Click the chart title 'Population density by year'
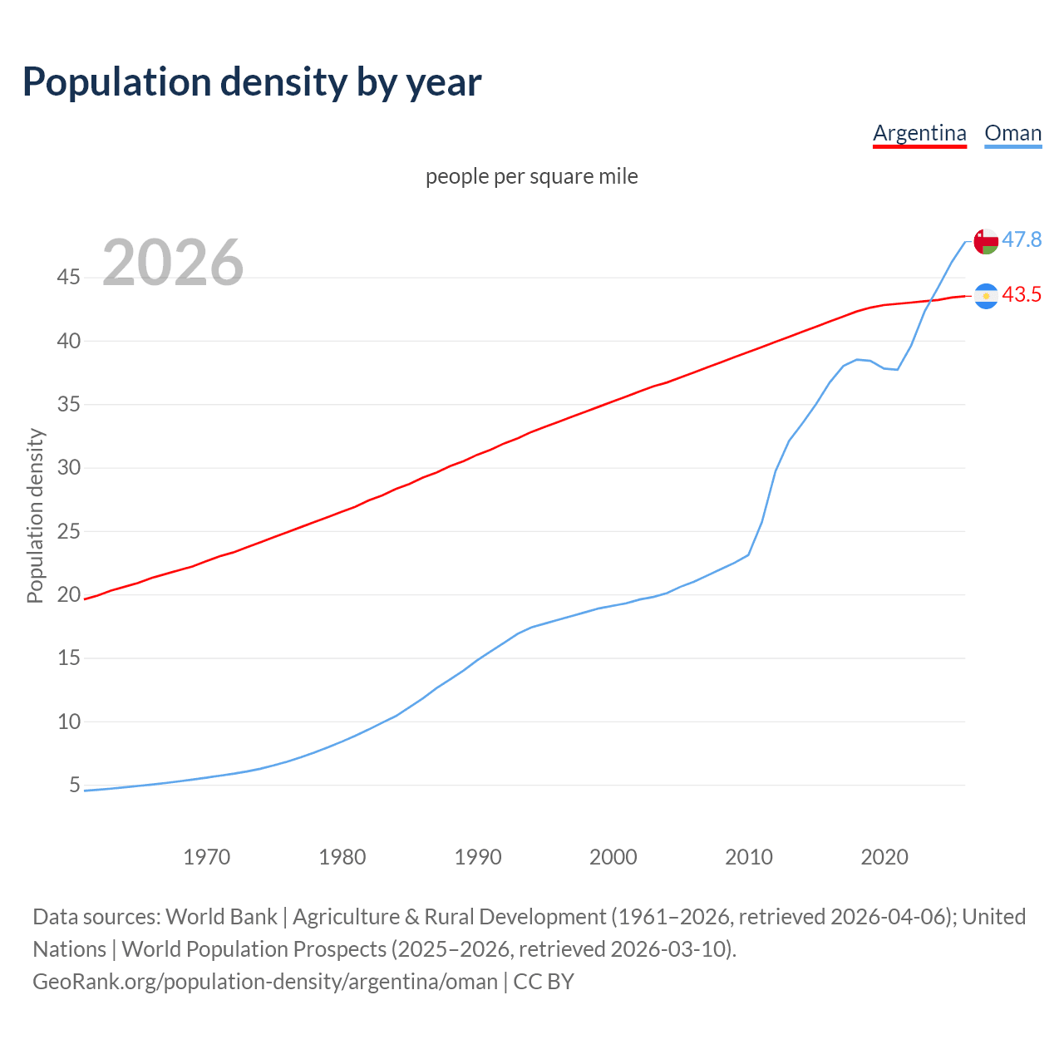[x=252, y=82]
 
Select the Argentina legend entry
[x=919, y=133]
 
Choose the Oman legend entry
[x=1012, y=133]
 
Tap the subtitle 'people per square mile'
[x=531, y=176]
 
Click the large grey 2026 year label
[x=173, y=263]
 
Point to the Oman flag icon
[x=986, y=241]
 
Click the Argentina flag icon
[x=986, y=296]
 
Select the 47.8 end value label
[x=1022, y=239]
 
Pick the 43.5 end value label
[x=1022, y=294]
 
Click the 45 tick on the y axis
[x=68, y=277]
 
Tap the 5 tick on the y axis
[x=75, y=785]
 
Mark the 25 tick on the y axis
[x=68, y=531]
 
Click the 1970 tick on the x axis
[x=206, y=857]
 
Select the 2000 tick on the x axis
[x=613, y=857]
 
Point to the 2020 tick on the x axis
[x=884, y=857]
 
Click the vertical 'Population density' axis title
[x=35, y=515]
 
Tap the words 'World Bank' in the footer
[x=221, y=916]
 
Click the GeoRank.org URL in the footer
[x=265, y=981]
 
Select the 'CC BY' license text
[x=544, y=981]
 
